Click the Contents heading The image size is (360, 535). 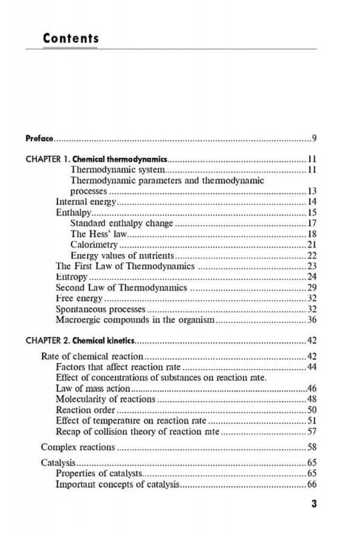coord(71,38)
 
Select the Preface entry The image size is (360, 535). coord(40,139)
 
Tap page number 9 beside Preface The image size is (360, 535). coord(314,139)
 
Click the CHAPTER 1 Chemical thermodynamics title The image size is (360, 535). coord(96,160)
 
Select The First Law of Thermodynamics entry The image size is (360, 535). coord(125,266)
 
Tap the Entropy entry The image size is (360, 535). coord(71,277)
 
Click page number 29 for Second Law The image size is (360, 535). coord(311,288)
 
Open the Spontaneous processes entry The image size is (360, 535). coord(100,309)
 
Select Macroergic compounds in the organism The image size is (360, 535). coord(134,320)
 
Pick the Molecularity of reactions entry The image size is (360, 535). coord(105,399)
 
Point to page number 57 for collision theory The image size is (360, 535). coord(311,431)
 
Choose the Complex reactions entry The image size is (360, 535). coord(77,447)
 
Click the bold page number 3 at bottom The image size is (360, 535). coord(313,504)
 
